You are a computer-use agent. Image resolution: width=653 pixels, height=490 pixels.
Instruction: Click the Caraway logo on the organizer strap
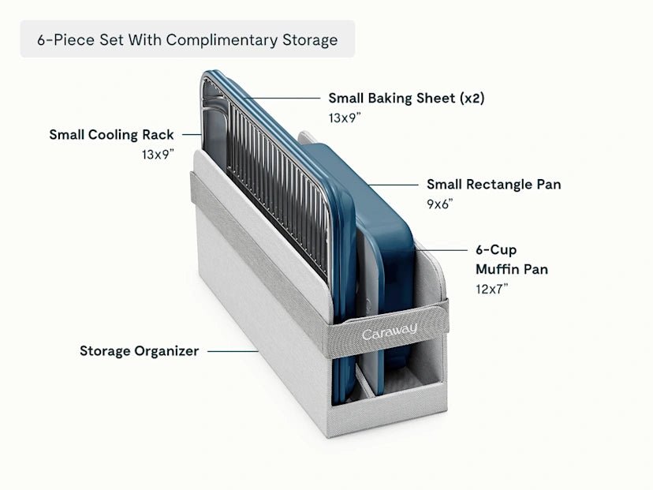(x=390, y=331)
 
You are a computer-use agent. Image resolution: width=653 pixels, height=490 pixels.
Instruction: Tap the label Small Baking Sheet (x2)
(x=406, y=99)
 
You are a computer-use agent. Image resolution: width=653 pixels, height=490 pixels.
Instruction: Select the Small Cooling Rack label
(x=111, y=135)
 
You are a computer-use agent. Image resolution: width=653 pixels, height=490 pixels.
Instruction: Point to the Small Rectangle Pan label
(x=494, y=184)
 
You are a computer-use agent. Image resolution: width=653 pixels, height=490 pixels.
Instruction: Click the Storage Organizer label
(x=139, y=351)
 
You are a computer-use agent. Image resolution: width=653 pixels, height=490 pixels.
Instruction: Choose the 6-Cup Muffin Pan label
(x=512, y=260)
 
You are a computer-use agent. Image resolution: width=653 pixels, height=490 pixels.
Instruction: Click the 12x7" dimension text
(x=492, y=289)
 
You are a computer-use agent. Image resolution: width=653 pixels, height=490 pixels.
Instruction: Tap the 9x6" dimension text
(x=440, y=204)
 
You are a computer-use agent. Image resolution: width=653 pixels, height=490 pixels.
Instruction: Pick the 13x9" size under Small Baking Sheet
(x=345, y=118)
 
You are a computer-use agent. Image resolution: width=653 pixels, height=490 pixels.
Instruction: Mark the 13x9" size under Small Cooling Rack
(x=158, y=155)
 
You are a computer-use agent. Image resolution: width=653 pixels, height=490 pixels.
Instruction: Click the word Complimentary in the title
(x=222, y=40)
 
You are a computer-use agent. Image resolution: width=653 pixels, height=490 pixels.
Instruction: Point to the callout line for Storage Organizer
(x=233, y=351)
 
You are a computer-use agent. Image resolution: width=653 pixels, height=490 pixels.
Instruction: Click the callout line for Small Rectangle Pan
(x=394, y=185)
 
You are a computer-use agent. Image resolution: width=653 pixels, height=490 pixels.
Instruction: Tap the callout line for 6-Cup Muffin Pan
(x=442, y=250)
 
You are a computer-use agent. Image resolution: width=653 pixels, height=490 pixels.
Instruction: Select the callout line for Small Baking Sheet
(x=282, y=99)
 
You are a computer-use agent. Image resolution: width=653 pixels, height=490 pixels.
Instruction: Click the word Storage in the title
(x=310, y=40)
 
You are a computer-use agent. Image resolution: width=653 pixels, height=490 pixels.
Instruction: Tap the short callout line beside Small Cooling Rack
(x=192, y=135)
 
